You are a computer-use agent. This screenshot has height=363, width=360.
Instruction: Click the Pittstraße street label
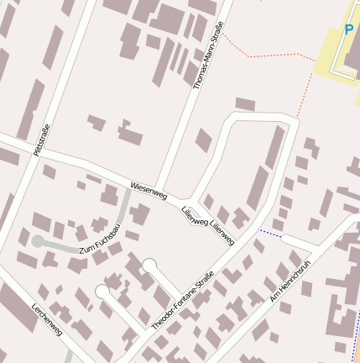tap(39, 139)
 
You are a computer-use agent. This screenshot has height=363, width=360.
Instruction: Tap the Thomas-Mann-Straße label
tap(207, 55)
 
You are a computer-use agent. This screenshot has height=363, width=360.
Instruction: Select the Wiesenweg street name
tap(149, 190)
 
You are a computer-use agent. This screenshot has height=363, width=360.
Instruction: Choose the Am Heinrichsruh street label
tap(290, 281)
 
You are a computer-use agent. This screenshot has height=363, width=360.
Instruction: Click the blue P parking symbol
tap(348, 30)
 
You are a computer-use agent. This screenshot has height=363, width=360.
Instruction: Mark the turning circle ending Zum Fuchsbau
tap(37, 241)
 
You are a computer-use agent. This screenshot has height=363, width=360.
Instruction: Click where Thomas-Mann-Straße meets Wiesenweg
tap(161, 192)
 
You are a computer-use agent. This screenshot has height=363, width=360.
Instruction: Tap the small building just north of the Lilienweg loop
tap(244, 105)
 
